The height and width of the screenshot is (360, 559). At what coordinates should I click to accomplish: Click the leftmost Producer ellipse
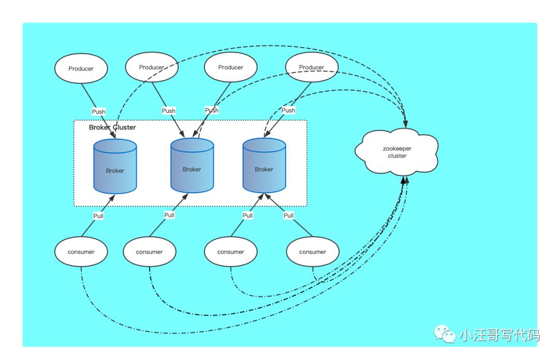pos(81,68)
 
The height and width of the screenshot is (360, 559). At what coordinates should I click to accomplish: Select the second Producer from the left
pos(152,67)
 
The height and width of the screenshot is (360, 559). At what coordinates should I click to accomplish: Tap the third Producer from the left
pos(230,67)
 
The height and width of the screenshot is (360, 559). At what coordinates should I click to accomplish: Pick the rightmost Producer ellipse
pos(312,67)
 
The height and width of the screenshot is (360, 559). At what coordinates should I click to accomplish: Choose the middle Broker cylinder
pos(192,166)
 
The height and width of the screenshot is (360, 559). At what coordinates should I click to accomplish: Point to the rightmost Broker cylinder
pos(264,166)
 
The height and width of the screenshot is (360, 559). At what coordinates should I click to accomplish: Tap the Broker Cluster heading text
pos(112,127)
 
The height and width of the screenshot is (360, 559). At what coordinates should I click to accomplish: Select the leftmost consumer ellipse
pos(81,252)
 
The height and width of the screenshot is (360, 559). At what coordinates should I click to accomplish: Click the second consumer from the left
pos(150,252)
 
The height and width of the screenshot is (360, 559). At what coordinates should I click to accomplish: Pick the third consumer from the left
pos(230,252)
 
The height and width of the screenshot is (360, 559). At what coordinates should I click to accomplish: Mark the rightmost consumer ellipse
pos(313,252)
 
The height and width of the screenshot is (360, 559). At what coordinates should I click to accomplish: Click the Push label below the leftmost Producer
pos(98,111)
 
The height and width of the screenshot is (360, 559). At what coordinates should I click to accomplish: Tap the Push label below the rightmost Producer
pos(288,110)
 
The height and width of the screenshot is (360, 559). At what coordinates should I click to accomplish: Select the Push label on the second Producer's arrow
pos(169,111)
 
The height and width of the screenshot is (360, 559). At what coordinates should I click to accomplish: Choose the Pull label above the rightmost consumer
pos(289,215)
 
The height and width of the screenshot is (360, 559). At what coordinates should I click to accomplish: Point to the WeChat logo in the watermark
pos(445,335)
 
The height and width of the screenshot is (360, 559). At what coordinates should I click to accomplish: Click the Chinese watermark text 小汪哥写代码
pos(499,336)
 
